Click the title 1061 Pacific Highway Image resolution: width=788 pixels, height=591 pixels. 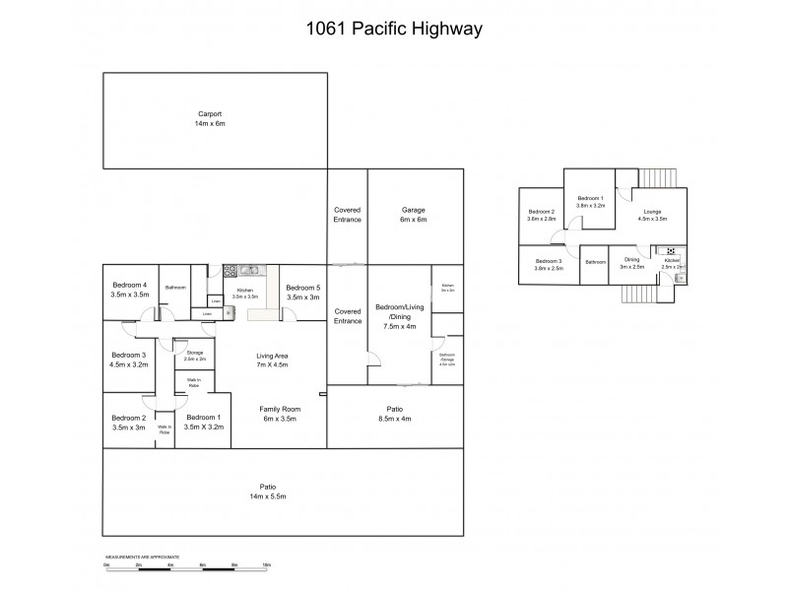click(x=394, y=30)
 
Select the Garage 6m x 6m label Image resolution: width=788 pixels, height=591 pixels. click(x=413, y=215)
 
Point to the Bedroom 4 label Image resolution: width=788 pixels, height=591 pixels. click(x=129, y=290)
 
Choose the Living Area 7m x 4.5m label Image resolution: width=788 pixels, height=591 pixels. click(x=273, y=361)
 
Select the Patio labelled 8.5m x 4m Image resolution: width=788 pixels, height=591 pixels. click(x=394, y=413)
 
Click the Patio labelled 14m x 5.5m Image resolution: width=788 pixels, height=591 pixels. click(x=267, y=491)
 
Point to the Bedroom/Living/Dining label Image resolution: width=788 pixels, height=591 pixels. click(x=399, y=316)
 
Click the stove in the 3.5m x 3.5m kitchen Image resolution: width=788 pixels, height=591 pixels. click(x=230, y=270)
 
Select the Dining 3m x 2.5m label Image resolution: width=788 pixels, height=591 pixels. click(x=631, y=263)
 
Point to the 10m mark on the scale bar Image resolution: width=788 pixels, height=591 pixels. click(x=267, y=565)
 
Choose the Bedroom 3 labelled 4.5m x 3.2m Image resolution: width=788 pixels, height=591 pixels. click(x=129, y=360)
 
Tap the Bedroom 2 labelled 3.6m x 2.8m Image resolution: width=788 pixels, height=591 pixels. click(x=541, y=215)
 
